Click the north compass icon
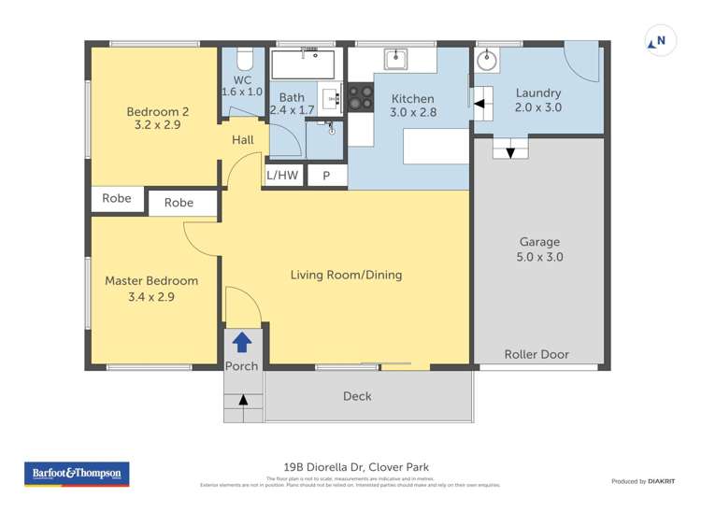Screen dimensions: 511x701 pyautogui.click(x=660, y=41)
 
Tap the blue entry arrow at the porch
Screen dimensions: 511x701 pyautogui.click(x=242, y=342)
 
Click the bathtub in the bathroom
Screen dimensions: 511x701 pyautogui.click(x=303, y=64)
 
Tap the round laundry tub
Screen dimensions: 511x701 pyautogui.click(x=486, y=61)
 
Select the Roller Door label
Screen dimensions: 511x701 pyautogui.click(x=536, y=354)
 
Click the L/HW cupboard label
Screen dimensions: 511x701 pyautogui.click(x=282, y=175)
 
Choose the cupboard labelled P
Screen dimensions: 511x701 pyautogui.click(x=326, y=175)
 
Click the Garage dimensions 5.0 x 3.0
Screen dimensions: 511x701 pyautogui.click(x=539, y=257)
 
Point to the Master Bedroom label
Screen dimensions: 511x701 pyautogui.click(x=151, y=280)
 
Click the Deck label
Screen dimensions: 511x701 pyautogui.click(x=357, y=396)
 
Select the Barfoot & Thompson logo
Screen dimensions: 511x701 pyautogui.click(x=77, y=474)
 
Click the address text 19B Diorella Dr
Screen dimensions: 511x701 pyautogui.click(x=323, y=467)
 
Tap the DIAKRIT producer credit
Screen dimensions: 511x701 pyautogui.click(x=661, y=481)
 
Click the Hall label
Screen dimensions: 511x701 pyautogui.click(x=243, y=140)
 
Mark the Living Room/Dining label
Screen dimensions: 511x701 pyautogui.click(x=346, y=275)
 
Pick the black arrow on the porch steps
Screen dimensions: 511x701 pyautogui.click(x=244, y=400)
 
